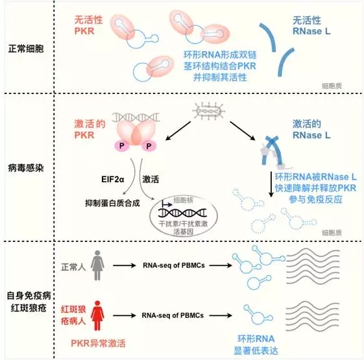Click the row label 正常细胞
coord(26,49)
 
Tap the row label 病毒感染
coord(26,168)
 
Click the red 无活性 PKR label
coord(88,25)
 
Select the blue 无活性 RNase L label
coord(311,26)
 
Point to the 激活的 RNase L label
coord(311,130)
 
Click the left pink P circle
coord(121,146)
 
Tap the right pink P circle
coord(149,146)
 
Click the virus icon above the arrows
coord(209,112)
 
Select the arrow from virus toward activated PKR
coord(178,131)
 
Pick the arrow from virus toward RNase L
coord(243,131)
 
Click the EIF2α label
coord(113,180)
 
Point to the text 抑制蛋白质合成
coord(113,203)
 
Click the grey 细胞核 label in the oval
coord(184,200)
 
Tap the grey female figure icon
coord(97,265)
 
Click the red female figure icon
coord(97,315)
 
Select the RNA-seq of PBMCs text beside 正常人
coord(174,265)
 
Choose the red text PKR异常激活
coord(98,343)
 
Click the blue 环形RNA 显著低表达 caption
coord(256,344)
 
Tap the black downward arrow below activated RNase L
coord(271,184)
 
